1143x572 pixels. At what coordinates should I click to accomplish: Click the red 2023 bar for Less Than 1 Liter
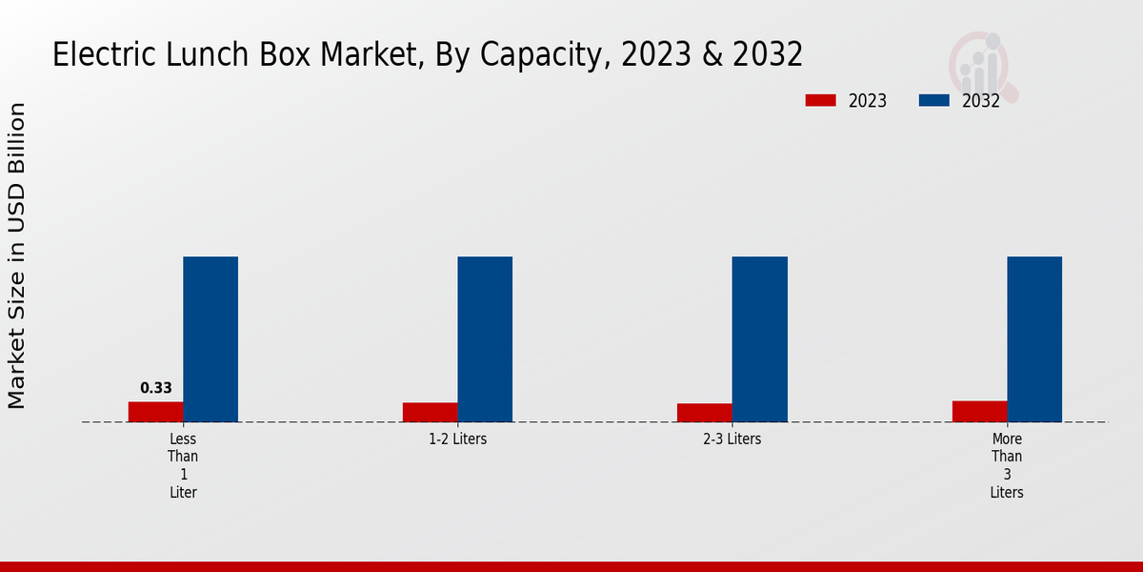[155, 412]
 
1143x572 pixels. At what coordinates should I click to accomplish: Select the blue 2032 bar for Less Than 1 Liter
[211, 339]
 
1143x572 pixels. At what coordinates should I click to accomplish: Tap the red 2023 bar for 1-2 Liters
[430, 412]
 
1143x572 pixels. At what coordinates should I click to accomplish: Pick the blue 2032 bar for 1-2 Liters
[485, 339]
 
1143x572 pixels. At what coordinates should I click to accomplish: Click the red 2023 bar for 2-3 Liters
[705, 413]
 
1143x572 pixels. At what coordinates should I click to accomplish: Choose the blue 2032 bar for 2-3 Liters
[759, 339]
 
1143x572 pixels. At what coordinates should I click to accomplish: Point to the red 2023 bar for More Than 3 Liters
[979, 411]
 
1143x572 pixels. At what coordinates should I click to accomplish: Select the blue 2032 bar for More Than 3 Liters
[1034, 339]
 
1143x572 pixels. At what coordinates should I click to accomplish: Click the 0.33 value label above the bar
[156, 388]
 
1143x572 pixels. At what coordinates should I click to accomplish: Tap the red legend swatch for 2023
[820, 100]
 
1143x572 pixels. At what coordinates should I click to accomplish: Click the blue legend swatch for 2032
[934, 100]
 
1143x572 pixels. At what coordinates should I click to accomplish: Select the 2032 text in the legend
[981, 101]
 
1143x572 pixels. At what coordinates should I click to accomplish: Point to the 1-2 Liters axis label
[457, 439]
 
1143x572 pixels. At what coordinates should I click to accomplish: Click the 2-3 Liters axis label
[732, 439]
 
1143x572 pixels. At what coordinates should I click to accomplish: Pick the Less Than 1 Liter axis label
[183, 466]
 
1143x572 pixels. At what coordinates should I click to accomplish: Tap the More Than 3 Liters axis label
[1007, 466]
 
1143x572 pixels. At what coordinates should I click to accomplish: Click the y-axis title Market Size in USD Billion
[17, 255]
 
